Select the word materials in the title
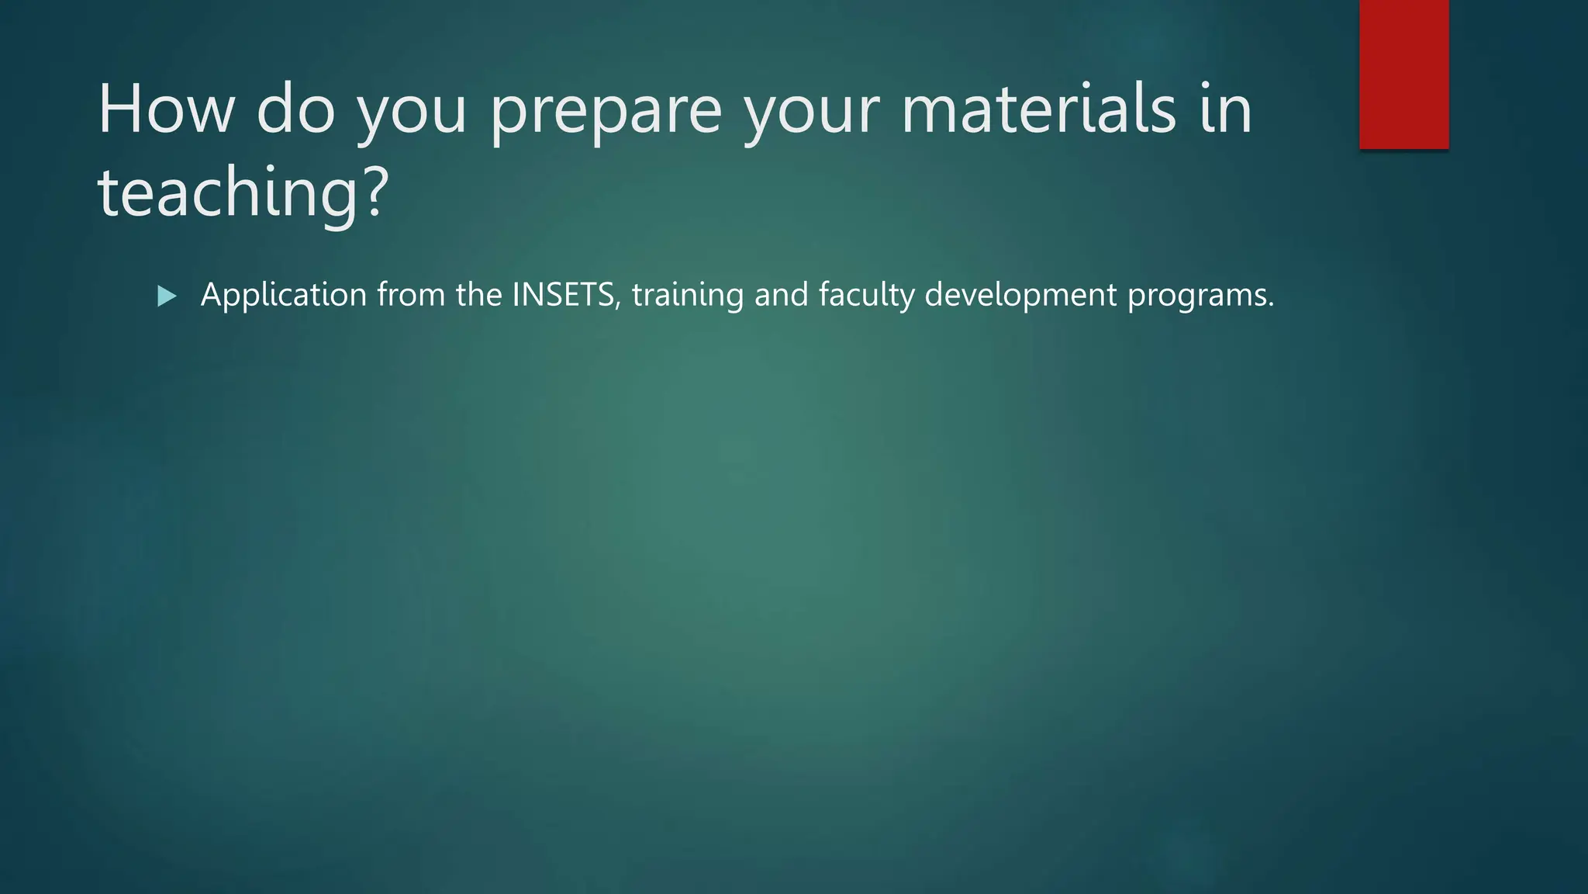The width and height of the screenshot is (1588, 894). click(1038, 109)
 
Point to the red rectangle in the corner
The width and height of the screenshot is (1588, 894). click(1403, 74)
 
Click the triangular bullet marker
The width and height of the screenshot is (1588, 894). click(167, 296)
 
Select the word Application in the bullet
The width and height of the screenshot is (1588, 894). click(284, 295)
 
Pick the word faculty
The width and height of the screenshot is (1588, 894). click(866, 295)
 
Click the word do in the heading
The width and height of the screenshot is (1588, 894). click(295, 109)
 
